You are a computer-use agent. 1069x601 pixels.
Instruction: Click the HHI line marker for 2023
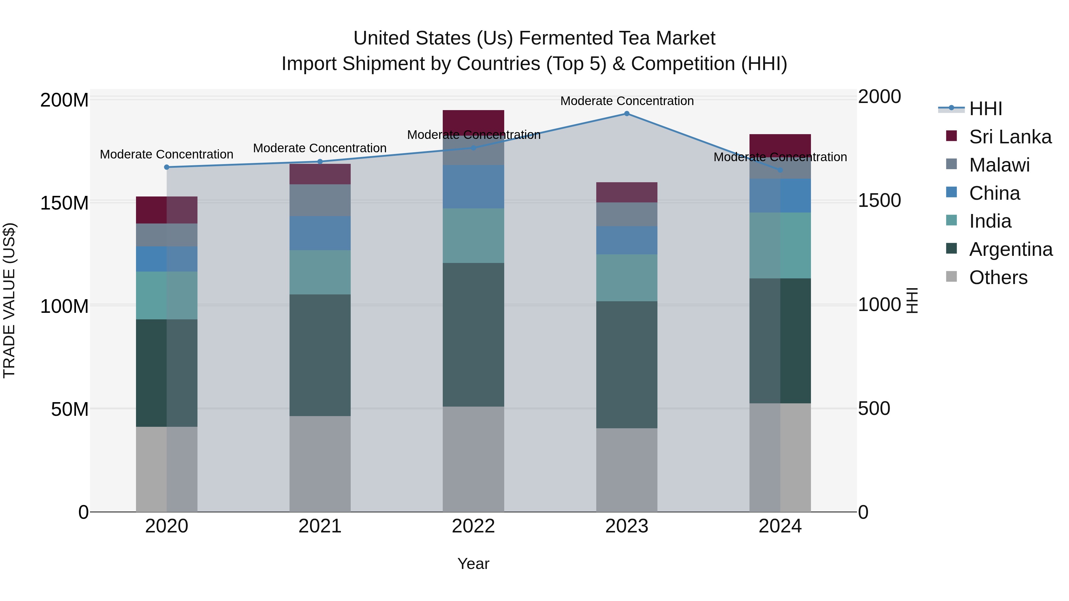(x=627, y=114)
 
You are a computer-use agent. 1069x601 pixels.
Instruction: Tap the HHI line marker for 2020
(x=167, y=167)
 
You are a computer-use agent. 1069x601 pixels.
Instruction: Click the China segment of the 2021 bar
(x=320, y=233)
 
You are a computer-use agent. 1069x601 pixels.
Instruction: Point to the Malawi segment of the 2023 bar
(x=627, y=215)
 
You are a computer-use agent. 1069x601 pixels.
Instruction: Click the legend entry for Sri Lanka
(x=1010, y=137)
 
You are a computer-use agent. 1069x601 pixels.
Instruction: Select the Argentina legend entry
(x=1011, y=249)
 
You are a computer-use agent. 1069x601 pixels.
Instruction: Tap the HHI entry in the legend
(x=985, y=109)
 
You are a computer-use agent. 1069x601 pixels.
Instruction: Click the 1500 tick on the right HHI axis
(x=879, y=200)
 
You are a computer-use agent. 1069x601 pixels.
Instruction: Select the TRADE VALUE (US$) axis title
(x=9, y=300)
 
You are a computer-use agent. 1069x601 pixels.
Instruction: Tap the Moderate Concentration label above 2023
(x=627, y=101)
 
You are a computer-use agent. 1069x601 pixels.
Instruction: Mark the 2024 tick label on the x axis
(x=780, y=526)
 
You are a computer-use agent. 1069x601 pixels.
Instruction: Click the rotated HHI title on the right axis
(x=912, y=300)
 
